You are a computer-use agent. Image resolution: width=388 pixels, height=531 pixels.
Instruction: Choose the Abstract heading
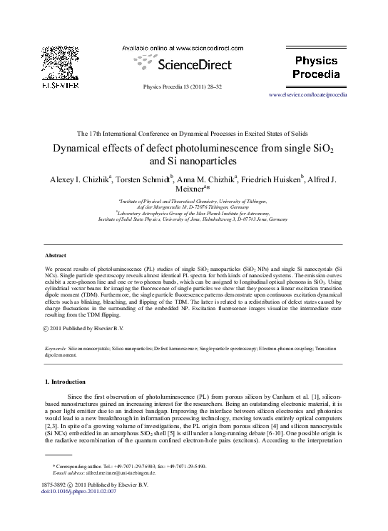click(x=55, y=254)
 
